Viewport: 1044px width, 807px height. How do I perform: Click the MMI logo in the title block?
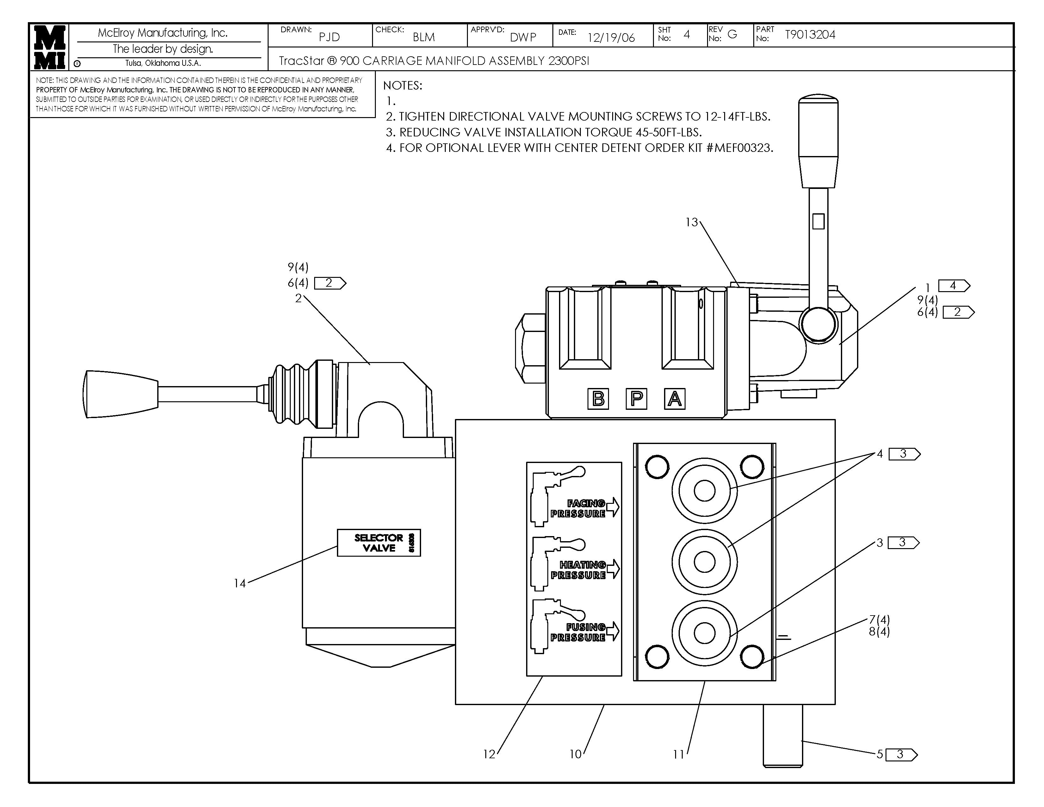[50, 47]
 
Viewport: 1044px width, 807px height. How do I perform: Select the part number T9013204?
[810, 35]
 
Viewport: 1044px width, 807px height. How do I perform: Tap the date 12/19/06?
[611, 38]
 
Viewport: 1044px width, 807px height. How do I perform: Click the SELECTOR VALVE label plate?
[379, 543]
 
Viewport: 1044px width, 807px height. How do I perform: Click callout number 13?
[691, 222]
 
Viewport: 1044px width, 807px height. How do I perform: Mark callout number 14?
[239, 583]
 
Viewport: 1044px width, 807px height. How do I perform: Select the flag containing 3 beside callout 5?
[901, 754]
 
